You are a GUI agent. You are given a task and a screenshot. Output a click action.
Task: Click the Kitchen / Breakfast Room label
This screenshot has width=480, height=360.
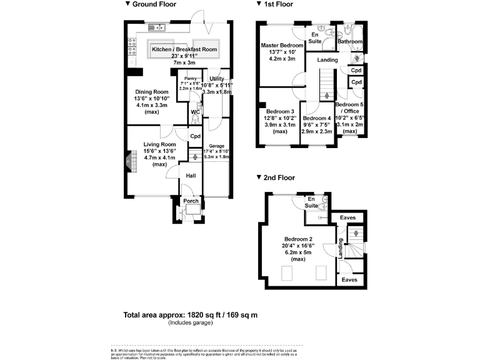[x=184, y=49]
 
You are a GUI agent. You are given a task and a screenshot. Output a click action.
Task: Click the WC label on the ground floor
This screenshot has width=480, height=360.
[x=195, y=112]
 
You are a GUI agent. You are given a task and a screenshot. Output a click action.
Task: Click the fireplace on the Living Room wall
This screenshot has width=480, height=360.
[x=128, y=161]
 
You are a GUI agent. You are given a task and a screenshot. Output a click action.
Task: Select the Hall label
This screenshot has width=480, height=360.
[x=191, y=176]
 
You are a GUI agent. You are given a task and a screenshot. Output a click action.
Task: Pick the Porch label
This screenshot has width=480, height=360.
[x=191, y=201]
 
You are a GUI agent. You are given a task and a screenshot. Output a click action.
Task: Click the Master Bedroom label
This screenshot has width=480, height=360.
[x=282, y=46]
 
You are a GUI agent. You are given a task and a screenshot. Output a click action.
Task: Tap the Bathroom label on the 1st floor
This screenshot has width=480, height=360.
[x=350, y=42]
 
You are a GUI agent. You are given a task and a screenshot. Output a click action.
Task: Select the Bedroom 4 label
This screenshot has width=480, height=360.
[x=317, y=118]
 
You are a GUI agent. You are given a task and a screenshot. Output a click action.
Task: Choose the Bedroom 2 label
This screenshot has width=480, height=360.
[x=298, y=239]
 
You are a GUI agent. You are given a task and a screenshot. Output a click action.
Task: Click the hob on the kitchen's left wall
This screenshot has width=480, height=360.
[x=132, y=44]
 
